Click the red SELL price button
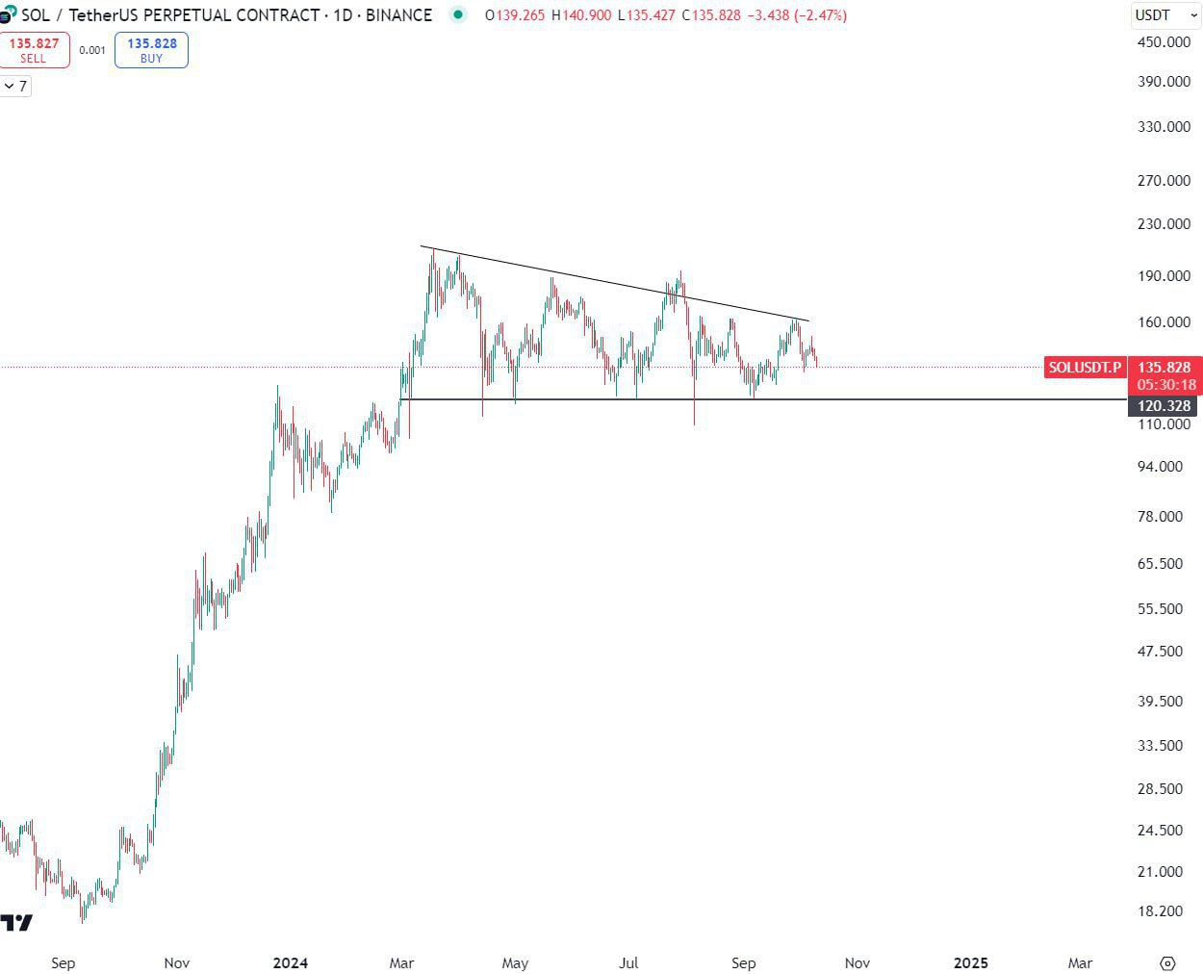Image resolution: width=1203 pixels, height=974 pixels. (x=34, y=50)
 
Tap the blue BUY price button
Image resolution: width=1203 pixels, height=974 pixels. (x=151, y=50)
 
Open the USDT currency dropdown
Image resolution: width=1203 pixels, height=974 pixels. (x=1165, y=15)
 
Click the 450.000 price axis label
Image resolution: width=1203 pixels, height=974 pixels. (x=1164, y=41)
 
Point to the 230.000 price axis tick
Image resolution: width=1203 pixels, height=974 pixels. (x=1164, y=223)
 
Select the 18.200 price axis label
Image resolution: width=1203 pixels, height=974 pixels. (x=1160, y=910)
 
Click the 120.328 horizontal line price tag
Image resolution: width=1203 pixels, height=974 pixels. (x=1164, y=406)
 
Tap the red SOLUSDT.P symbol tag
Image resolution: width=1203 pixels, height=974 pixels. (x=1085, y=367)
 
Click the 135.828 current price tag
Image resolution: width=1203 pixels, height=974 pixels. (x=1164, y=368)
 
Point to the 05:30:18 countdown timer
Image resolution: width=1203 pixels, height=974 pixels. (x=1165, y=384)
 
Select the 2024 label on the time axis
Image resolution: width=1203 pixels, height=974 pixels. (x=290, y=962)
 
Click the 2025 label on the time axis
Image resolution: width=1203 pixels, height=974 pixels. (x=970, y=962)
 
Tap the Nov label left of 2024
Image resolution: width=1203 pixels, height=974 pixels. (x=176, y=962)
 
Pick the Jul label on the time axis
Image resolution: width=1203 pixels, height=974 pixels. (x=628, y=962)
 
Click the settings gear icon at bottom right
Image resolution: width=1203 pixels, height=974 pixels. (x=1167, y=962)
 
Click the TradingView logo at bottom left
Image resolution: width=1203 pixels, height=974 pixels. (x=16, y=923)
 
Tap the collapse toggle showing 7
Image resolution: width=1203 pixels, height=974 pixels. (x=15, y=87)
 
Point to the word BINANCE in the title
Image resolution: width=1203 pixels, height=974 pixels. (x=398, y=15)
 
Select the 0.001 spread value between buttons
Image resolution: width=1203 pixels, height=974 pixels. (x=92, y=50)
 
